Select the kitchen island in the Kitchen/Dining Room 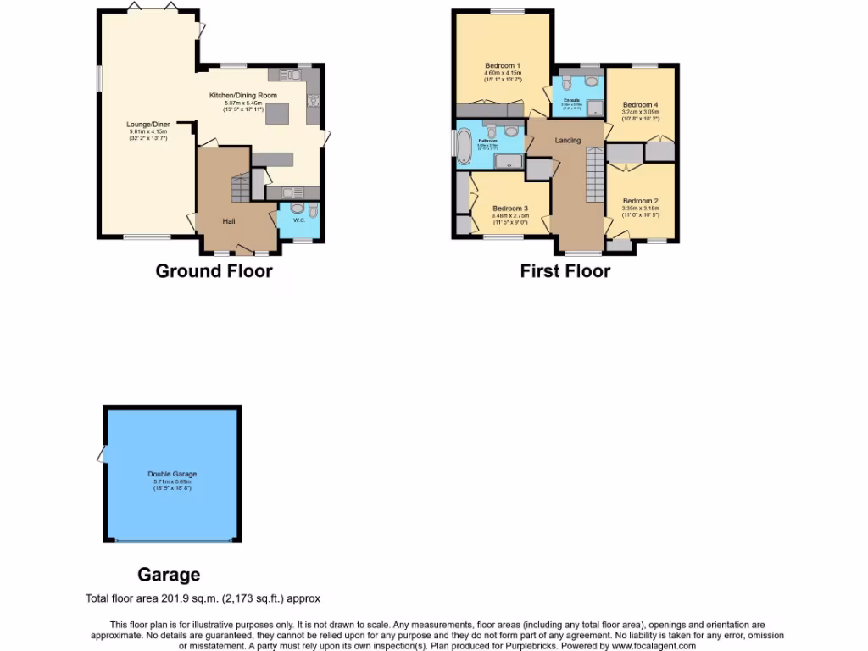[x=278, y=114]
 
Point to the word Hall [x=229, y=221]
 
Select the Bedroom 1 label [x=503, y=65]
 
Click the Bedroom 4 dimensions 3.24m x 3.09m [x=640, y=112]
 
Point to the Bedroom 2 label [x=640, y=201]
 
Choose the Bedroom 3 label [x=510, y=208]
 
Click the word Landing [x=567, y=140]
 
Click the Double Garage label [x=172, y=474]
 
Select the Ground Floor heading [x=214, y=271]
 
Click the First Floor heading [x=565, y=271]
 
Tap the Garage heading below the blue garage [x=170, y=575]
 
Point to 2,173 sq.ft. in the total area [x=248, y=598]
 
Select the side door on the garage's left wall [x=102, y=455]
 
